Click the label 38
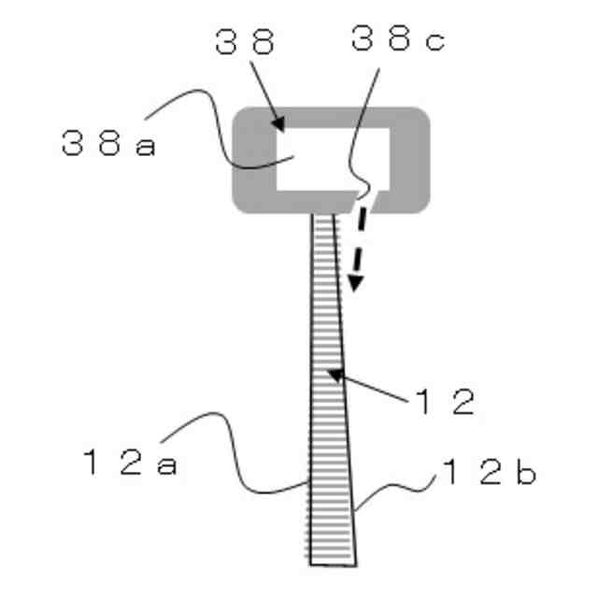coord(245,41)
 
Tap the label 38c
coord(398,38)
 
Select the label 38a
coord(108,143)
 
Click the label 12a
coord(130,462)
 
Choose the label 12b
coord(490,472)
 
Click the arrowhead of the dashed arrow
coord(355,283)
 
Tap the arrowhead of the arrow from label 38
coord(279,123)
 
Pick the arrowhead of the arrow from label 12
coord(336,375)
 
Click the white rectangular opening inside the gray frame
coord(333,159)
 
